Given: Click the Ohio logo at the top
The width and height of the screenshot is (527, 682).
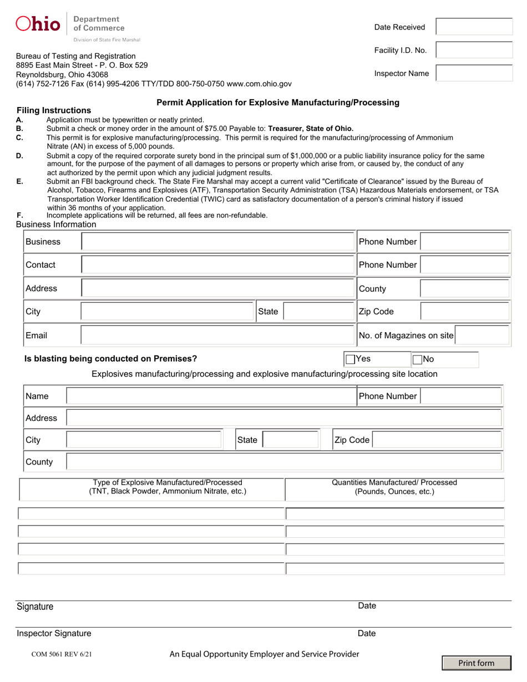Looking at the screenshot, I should click(38, 24).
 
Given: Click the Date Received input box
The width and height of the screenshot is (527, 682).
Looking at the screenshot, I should click(474, 27).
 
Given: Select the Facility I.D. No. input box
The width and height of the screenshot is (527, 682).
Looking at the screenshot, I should click(474, 50).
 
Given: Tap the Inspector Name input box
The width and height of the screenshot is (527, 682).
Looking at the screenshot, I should click(474, 73).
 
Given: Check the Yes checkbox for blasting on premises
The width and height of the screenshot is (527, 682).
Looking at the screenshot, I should click(350, 359).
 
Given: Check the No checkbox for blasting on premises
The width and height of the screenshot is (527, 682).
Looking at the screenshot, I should click(418, 359).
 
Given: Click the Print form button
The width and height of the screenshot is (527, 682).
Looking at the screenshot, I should click(477, 663).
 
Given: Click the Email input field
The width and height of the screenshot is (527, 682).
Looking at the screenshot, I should click(217, 335).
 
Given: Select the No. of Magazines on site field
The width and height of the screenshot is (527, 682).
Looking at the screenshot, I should click(483, 335).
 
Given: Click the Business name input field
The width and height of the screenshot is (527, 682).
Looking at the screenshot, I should click(217, 242).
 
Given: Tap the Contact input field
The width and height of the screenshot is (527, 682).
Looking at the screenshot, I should click(217, 265).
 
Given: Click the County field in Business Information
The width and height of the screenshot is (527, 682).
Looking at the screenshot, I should click(464, 288).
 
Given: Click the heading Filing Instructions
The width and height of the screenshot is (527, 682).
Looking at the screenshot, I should click(54, 110).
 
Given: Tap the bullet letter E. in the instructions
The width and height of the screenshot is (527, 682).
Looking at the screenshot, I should click(20, 181).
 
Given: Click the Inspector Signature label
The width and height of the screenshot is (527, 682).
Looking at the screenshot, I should click(54, 633).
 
